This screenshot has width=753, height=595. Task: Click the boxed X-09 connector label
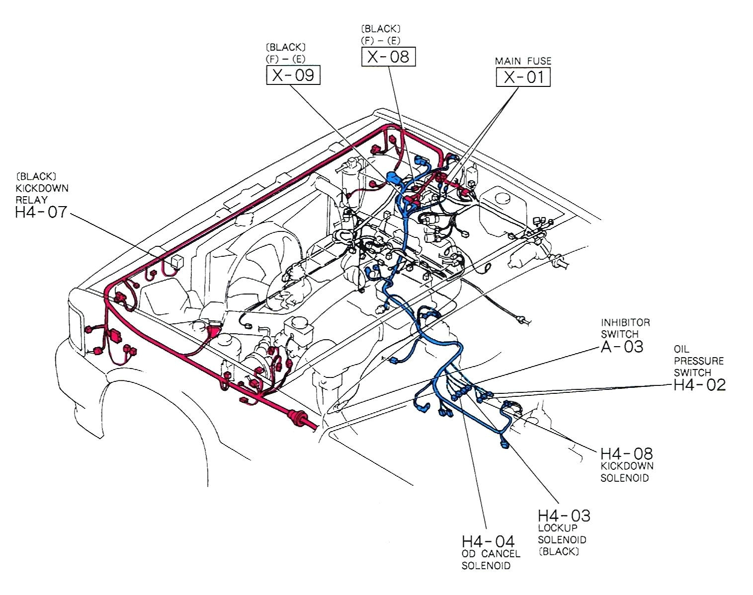pos(293,75)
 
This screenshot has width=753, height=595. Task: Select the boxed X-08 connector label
pos(388,57)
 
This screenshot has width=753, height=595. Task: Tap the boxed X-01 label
pos(523,77)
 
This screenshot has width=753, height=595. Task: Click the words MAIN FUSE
pos(523,61)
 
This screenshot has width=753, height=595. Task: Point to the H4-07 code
pos(41,213)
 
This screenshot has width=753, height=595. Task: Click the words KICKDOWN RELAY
pos(42,194)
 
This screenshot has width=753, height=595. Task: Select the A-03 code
pos(622,347)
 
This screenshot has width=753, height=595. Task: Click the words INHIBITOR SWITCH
pos(625,328)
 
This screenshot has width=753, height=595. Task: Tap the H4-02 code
pos(699,385)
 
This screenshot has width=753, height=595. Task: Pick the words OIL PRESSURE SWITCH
pos(698,361)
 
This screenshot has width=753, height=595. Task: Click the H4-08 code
pos(626,453)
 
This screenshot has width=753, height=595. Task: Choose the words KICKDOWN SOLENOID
pos(627,472)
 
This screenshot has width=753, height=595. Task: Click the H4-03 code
pos(564,516)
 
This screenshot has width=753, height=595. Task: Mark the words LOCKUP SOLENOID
pos(562,534)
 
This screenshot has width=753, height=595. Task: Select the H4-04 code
pos(488,541)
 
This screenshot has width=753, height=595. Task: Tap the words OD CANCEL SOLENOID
pos(491,560)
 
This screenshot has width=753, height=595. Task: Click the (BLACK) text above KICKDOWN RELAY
pos(36,176)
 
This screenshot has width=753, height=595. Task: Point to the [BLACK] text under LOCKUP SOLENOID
pos(559,552)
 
